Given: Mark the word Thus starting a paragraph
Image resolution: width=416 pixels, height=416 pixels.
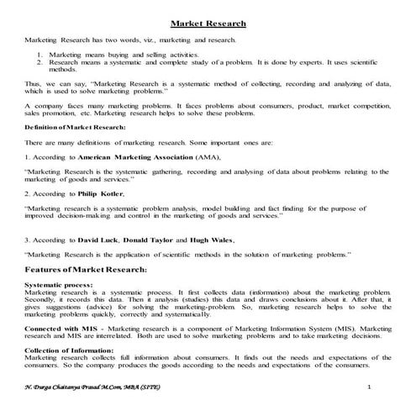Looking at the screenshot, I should [x=33, y=84].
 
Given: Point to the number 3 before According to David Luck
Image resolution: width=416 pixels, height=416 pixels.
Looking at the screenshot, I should [x=27, y=240].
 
